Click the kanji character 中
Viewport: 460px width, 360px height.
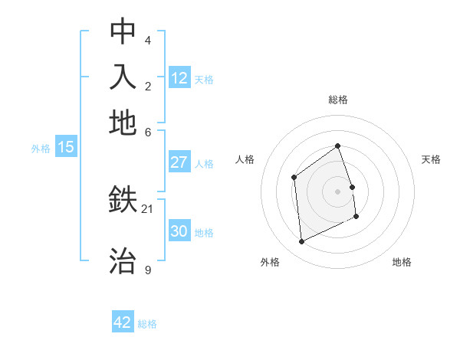pyautogui.click(x=123, y=32)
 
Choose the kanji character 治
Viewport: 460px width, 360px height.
pyautogui.click(x=123, y=260)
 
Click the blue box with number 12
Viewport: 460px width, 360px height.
pyautogui.click(x=179, y=78)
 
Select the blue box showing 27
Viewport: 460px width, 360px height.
pyautogui.click(x=179, y=162)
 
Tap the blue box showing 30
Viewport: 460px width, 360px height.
pyautogui.click(x=179, y=231)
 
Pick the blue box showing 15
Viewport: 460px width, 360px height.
pyautogui.click(x=66, y=147)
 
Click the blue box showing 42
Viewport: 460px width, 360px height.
pyautogui.click(x=123, y=322)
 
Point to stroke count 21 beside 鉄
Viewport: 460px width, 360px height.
pyautogui.click(x=148, y=208)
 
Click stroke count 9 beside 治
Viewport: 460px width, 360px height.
pyautogui.click(x=147, y=270)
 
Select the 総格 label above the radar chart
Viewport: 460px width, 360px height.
pyautogui.click(x=337, y=100)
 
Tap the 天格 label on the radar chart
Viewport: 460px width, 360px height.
pyautogui.click(x=431, y=159)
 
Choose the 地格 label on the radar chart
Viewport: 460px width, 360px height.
pyautogui.click(x=402, y=262)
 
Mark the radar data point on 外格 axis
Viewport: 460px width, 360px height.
pyautogui.click(x=301, y=242)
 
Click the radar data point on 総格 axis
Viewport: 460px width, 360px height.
pyautogui.click(x=337, y=146)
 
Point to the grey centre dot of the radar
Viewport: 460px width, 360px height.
pyautogui.click(x=337, y=191)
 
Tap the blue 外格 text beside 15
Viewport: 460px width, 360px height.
pyautogui.click(x=40, y=149)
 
